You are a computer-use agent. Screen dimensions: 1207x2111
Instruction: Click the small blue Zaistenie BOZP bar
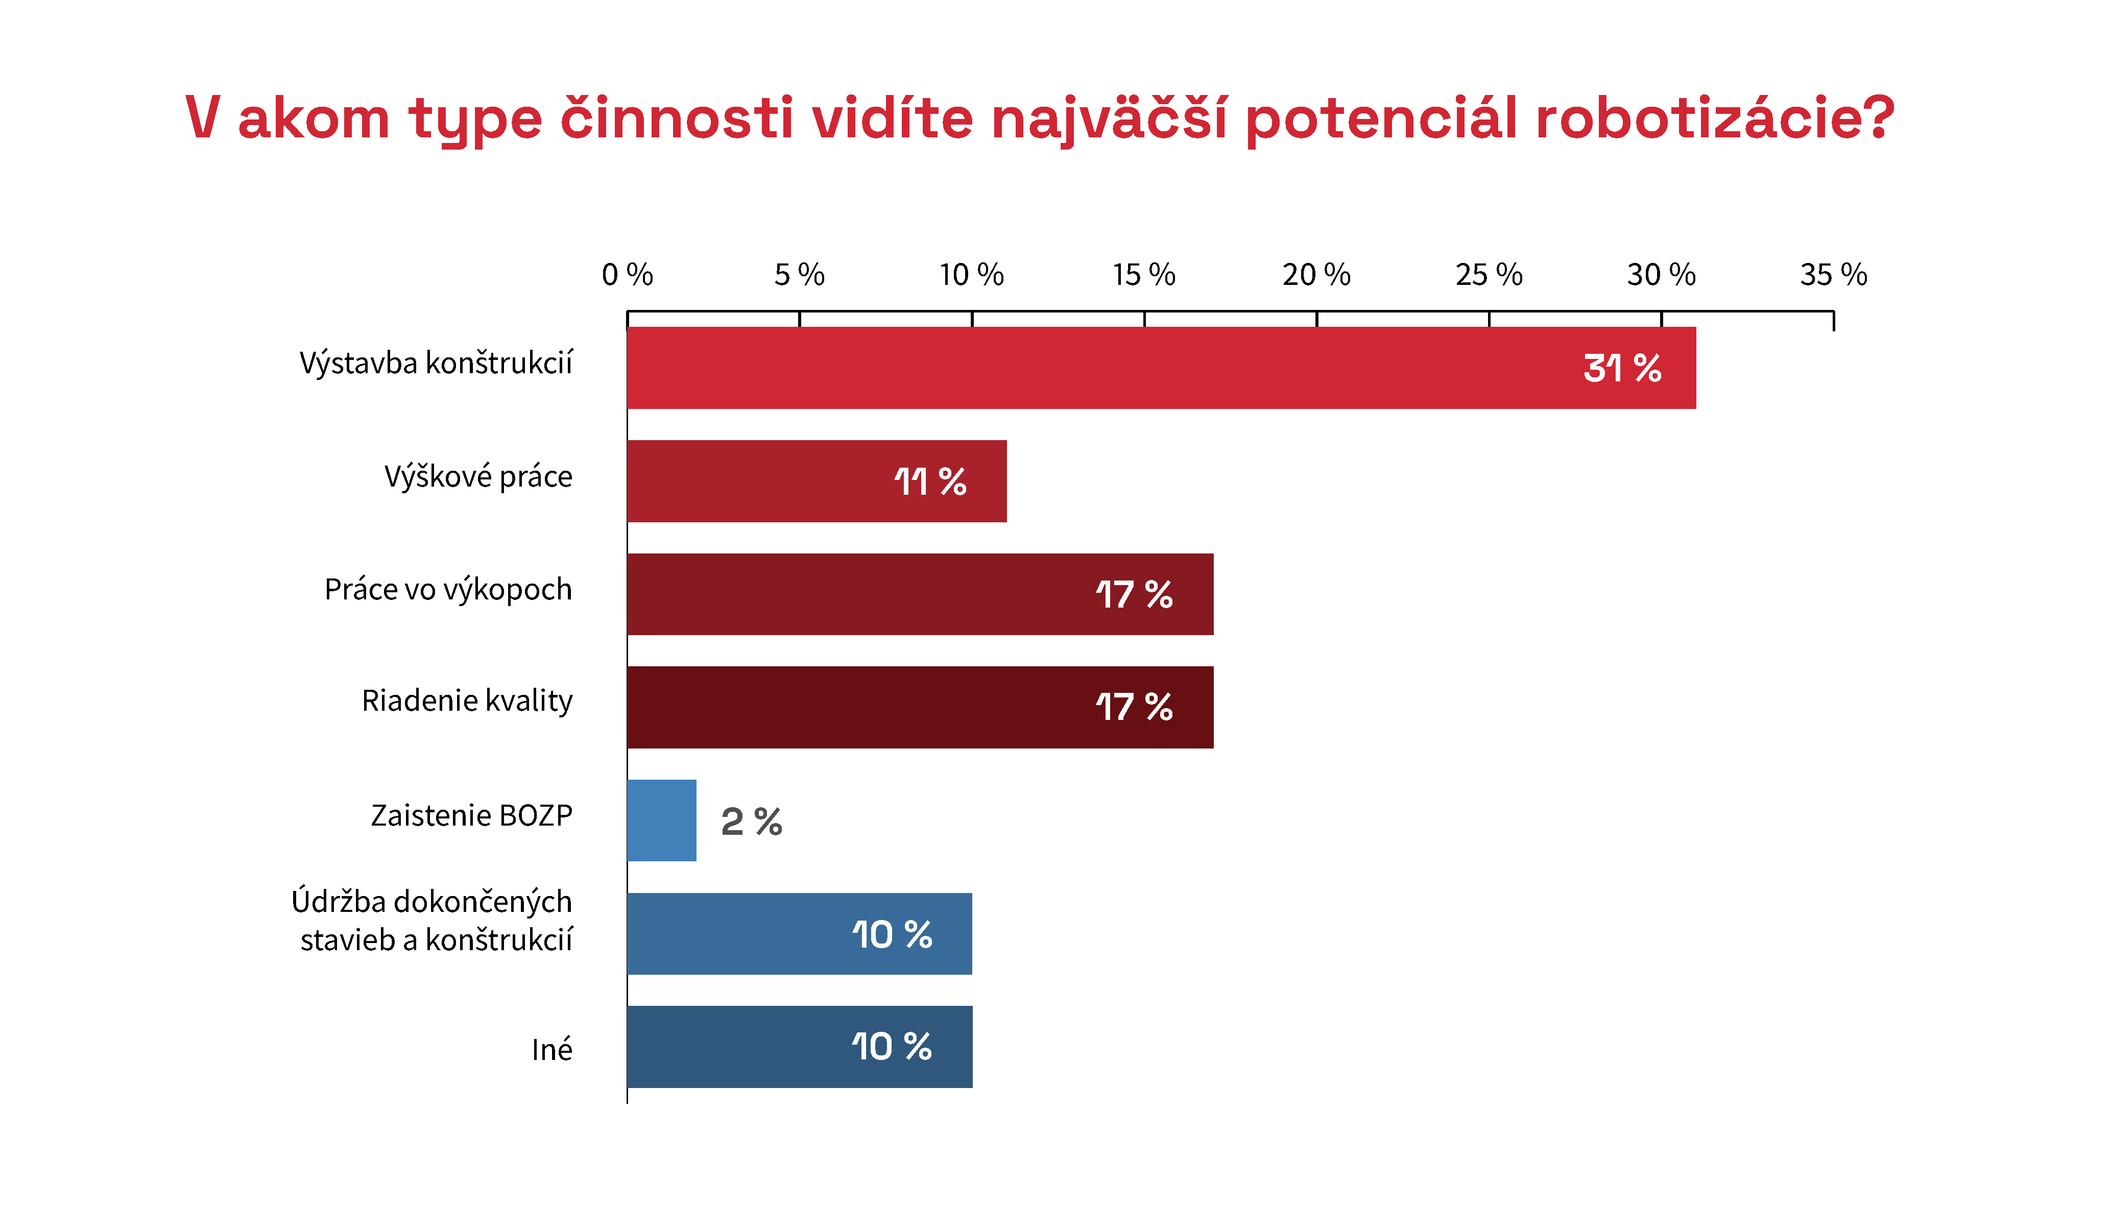[661, 820]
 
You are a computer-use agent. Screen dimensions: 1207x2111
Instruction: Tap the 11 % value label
[930, 481]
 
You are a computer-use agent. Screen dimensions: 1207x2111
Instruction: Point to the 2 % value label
[751, 822]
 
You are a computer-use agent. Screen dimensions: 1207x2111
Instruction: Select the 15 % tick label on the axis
[1144, 274]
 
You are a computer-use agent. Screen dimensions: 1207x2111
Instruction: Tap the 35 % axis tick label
[1833, 274]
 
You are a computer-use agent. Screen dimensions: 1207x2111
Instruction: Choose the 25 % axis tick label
[1489, 274]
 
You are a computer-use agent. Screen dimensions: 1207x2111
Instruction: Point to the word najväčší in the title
[1109, 118]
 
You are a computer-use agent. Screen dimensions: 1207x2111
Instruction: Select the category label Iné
[552, 1050]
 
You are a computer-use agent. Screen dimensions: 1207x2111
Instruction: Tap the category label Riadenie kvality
[467, 702]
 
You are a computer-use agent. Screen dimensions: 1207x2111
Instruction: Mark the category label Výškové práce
[478, 477]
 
